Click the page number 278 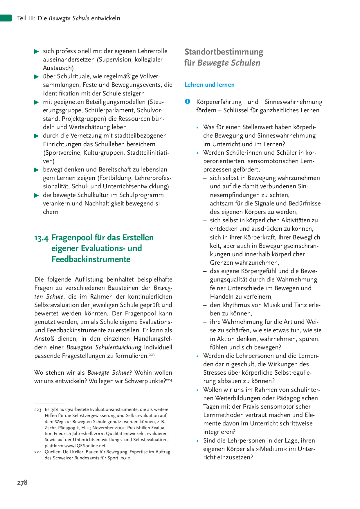[x=22, y=483]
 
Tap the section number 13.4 [x=41, y=238]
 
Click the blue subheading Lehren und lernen [x=209, y=85]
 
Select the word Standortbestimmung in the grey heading [x=224, y=52]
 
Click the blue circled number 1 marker [x=188, y=101]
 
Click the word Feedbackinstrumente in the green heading [x=91, y=259]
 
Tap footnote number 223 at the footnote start [x=38, y=410]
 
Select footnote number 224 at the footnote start [x=38, y=452]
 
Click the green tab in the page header [x=6, y=18]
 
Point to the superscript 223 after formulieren [x=152, y=355]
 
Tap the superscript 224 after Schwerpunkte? [x=169, y=380]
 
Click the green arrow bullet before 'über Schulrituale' [x=37, y=77]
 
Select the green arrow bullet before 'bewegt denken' [x=37, y=170]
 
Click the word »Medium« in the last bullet [x=272, y=449]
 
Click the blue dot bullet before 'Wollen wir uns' [x=198, y=390]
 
